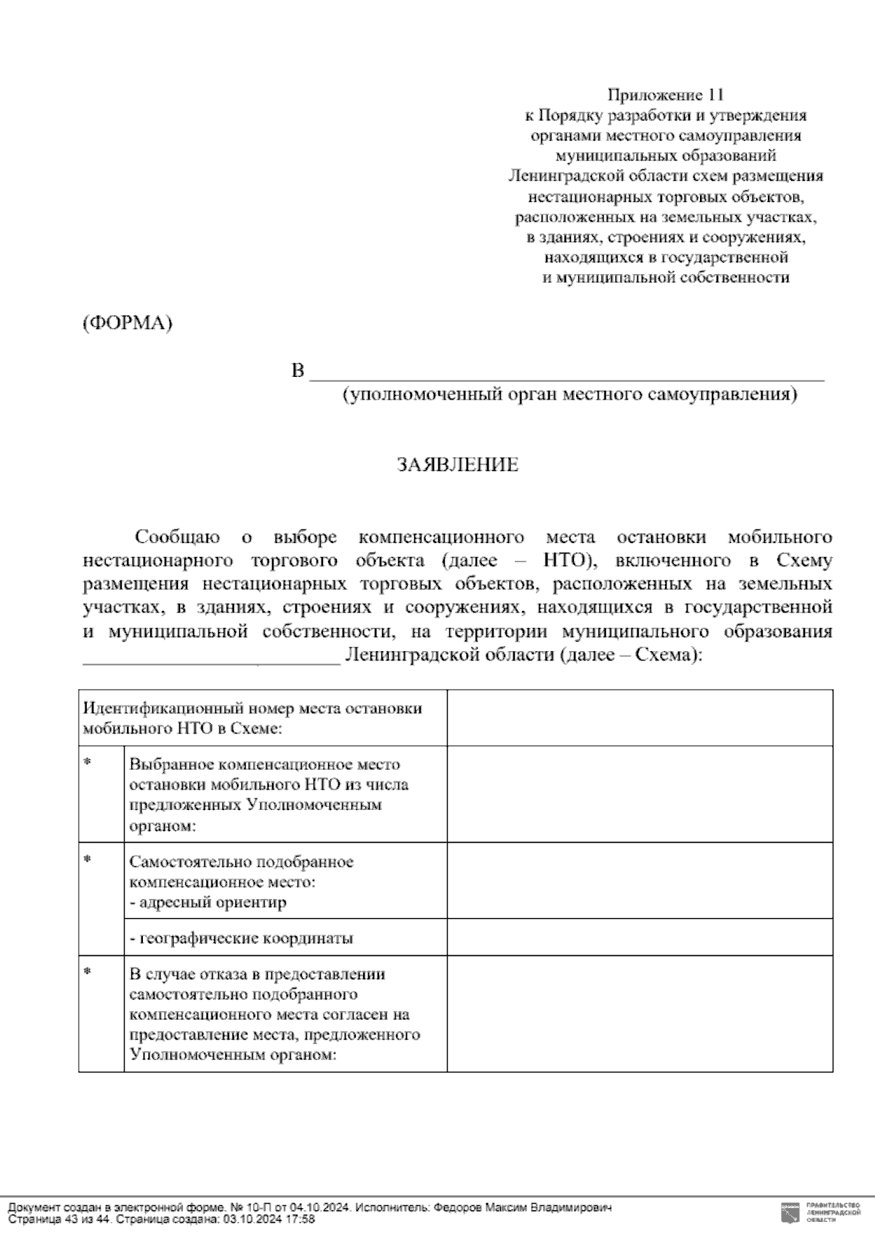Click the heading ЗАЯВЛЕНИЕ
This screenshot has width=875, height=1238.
click(x=457, y=465)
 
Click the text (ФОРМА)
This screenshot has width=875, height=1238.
click(x=127, y=324)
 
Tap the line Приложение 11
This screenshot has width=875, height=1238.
click(x=666, y=96)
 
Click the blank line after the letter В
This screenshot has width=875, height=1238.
click(x=567, y=373)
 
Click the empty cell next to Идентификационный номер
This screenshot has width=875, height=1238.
click(x=639, y=718)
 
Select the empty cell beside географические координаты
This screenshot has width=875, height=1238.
click(x=639, y=938)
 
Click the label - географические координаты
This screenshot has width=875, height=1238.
click(x=241, y=938)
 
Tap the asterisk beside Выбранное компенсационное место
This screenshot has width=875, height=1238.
click(x=87, y=763)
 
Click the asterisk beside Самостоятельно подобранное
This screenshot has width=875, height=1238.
click(x=87, y=860)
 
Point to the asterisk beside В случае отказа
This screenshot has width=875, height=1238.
click(x=87, y=973)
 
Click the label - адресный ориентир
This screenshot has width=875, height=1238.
click(x=208, y=903)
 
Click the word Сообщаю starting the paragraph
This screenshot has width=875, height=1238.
click(x=177, y=538)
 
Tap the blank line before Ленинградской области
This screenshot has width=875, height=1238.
click(x=211, y=658)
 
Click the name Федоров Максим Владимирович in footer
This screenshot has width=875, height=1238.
click(x=522, y=1207)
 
